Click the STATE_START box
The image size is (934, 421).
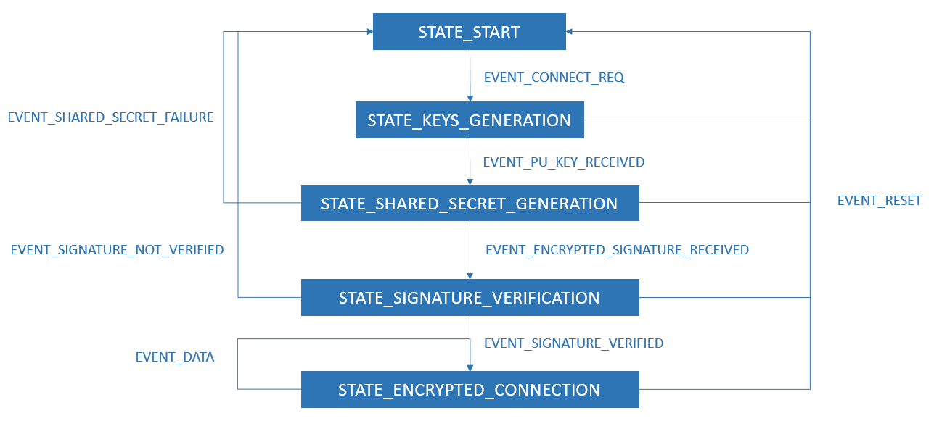[x=469, y=32]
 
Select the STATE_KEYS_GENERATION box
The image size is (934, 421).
[x=469, y=120]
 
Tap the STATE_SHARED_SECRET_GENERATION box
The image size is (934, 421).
[x=469, y=204]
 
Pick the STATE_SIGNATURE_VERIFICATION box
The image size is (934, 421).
[x=469, y=298]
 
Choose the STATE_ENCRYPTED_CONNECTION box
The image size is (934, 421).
[x=469, y=390]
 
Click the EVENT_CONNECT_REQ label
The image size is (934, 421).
[x=554, y=78]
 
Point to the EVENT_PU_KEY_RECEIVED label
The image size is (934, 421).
[x=563, y=162]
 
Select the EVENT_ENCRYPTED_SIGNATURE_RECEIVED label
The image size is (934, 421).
[x=617, y=250]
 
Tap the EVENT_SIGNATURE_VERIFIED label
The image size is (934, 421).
[x=573, y=343]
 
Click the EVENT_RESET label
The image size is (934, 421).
[x=879, y=201]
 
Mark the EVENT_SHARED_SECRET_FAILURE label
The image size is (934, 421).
[x=110, y=117]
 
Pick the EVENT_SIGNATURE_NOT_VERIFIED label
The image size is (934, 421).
[x=117, y=250]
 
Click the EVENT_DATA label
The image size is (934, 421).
[x=175, y=357]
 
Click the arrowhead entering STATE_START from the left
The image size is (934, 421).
[x=369, y=32]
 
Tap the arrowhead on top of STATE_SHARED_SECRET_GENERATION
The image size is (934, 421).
[x=470, y=181]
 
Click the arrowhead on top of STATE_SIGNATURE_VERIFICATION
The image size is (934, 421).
[x=470, y=275]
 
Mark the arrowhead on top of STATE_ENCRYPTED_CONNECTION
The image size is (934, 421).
[x=470, y=367]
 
